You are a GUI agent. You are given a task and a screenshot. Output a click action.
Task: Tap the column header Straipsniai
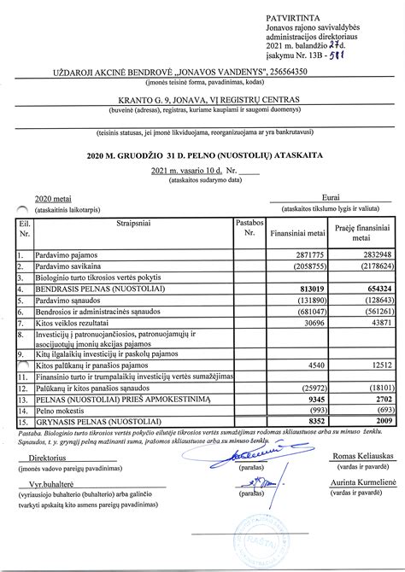[132, 223]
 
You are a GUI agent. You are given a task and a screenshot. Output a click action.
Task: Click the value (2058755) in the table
[308, 266]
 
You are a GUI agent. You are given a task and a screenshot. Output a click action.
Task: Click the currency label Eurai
[329, 196]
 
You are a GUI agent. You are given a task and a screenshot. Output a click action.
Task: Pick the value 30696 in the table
[314, 322]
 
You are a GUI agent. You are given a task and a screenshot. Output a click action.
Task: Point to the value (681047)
[310, 311]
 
